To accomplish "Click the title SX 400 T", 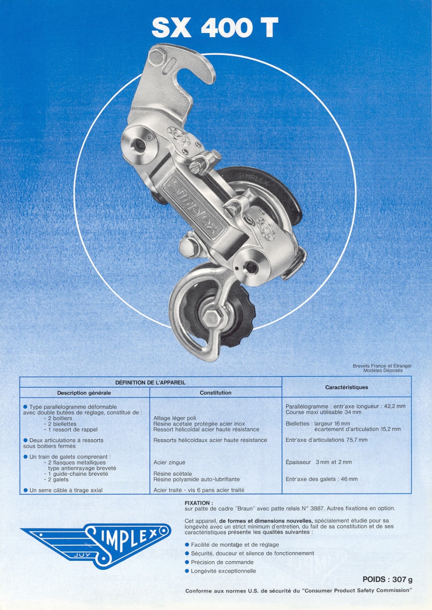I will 215,28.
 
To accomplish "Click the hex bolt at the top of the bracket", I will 158,58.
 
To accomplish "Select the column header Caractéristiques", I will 346,387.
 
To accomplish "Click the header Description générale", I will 84,393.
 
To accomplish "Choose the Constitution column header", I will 215,393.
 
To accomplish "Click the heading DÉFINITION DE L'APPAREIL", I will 150,382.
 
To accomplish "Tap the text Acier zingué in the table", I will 169,462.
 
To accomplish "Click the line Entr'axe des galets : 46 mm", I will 321,479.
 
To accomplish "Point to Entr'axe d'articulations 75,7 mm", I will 326,440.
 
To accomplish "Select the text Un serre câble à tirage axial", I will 66,490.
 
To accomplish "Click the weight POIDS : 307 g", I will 387,579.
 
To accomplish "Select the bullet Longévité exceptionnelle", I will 223,571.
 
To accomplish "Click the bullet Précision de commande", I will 222,562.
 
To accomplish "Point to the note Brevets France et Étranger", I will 382,366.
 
